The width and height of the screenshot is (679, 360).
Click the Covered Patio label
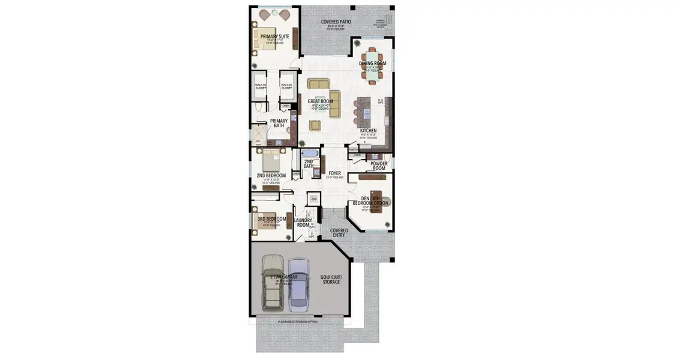[x=336, y=22]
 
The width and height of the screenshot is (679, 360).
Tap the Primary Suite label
[x=274, y=37]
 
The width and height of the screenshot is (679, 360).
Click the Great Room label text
[x=320, y=101]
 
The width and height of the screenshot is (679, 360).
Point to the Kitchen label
[x=368, y=130]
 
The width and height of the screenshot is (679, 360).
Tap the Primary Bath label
[x=279, y=123]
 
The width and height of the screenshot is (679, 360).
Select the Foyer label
[x=334, y=173]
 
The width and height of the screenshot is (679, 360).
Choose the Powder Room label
[x=378, y=166]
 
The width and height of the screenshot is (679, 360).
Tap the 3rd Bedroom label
[x=271, y=219]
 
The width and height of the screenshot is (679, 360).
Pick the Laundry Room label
[x=302, y=223]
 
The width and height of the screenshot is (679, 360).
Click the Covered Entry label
[x=338, y=233]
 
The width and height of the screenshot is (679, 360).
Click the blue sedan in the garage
[x=298, y=285]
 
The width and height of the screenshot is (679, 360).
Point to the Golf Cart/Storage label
[x=330, y=280]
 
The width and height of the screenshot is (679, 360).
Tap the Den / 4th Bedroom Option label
[x=374, y=201]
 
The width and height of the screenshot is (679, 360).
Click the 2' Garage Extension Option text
[x=298, y=322]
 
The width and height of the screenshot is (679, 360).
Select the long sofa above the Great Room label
[x=318, y=84]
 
